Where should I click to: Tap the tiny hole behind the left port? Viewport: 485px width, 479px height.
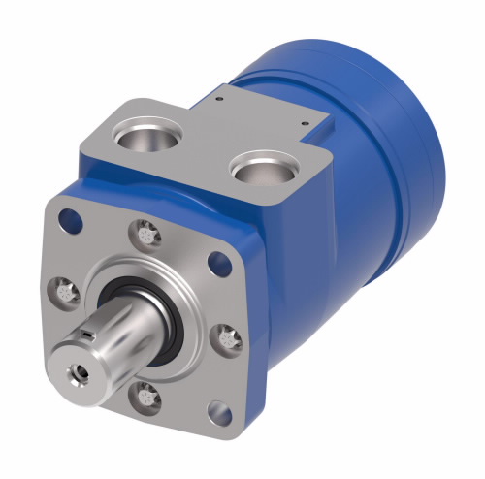221,97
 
